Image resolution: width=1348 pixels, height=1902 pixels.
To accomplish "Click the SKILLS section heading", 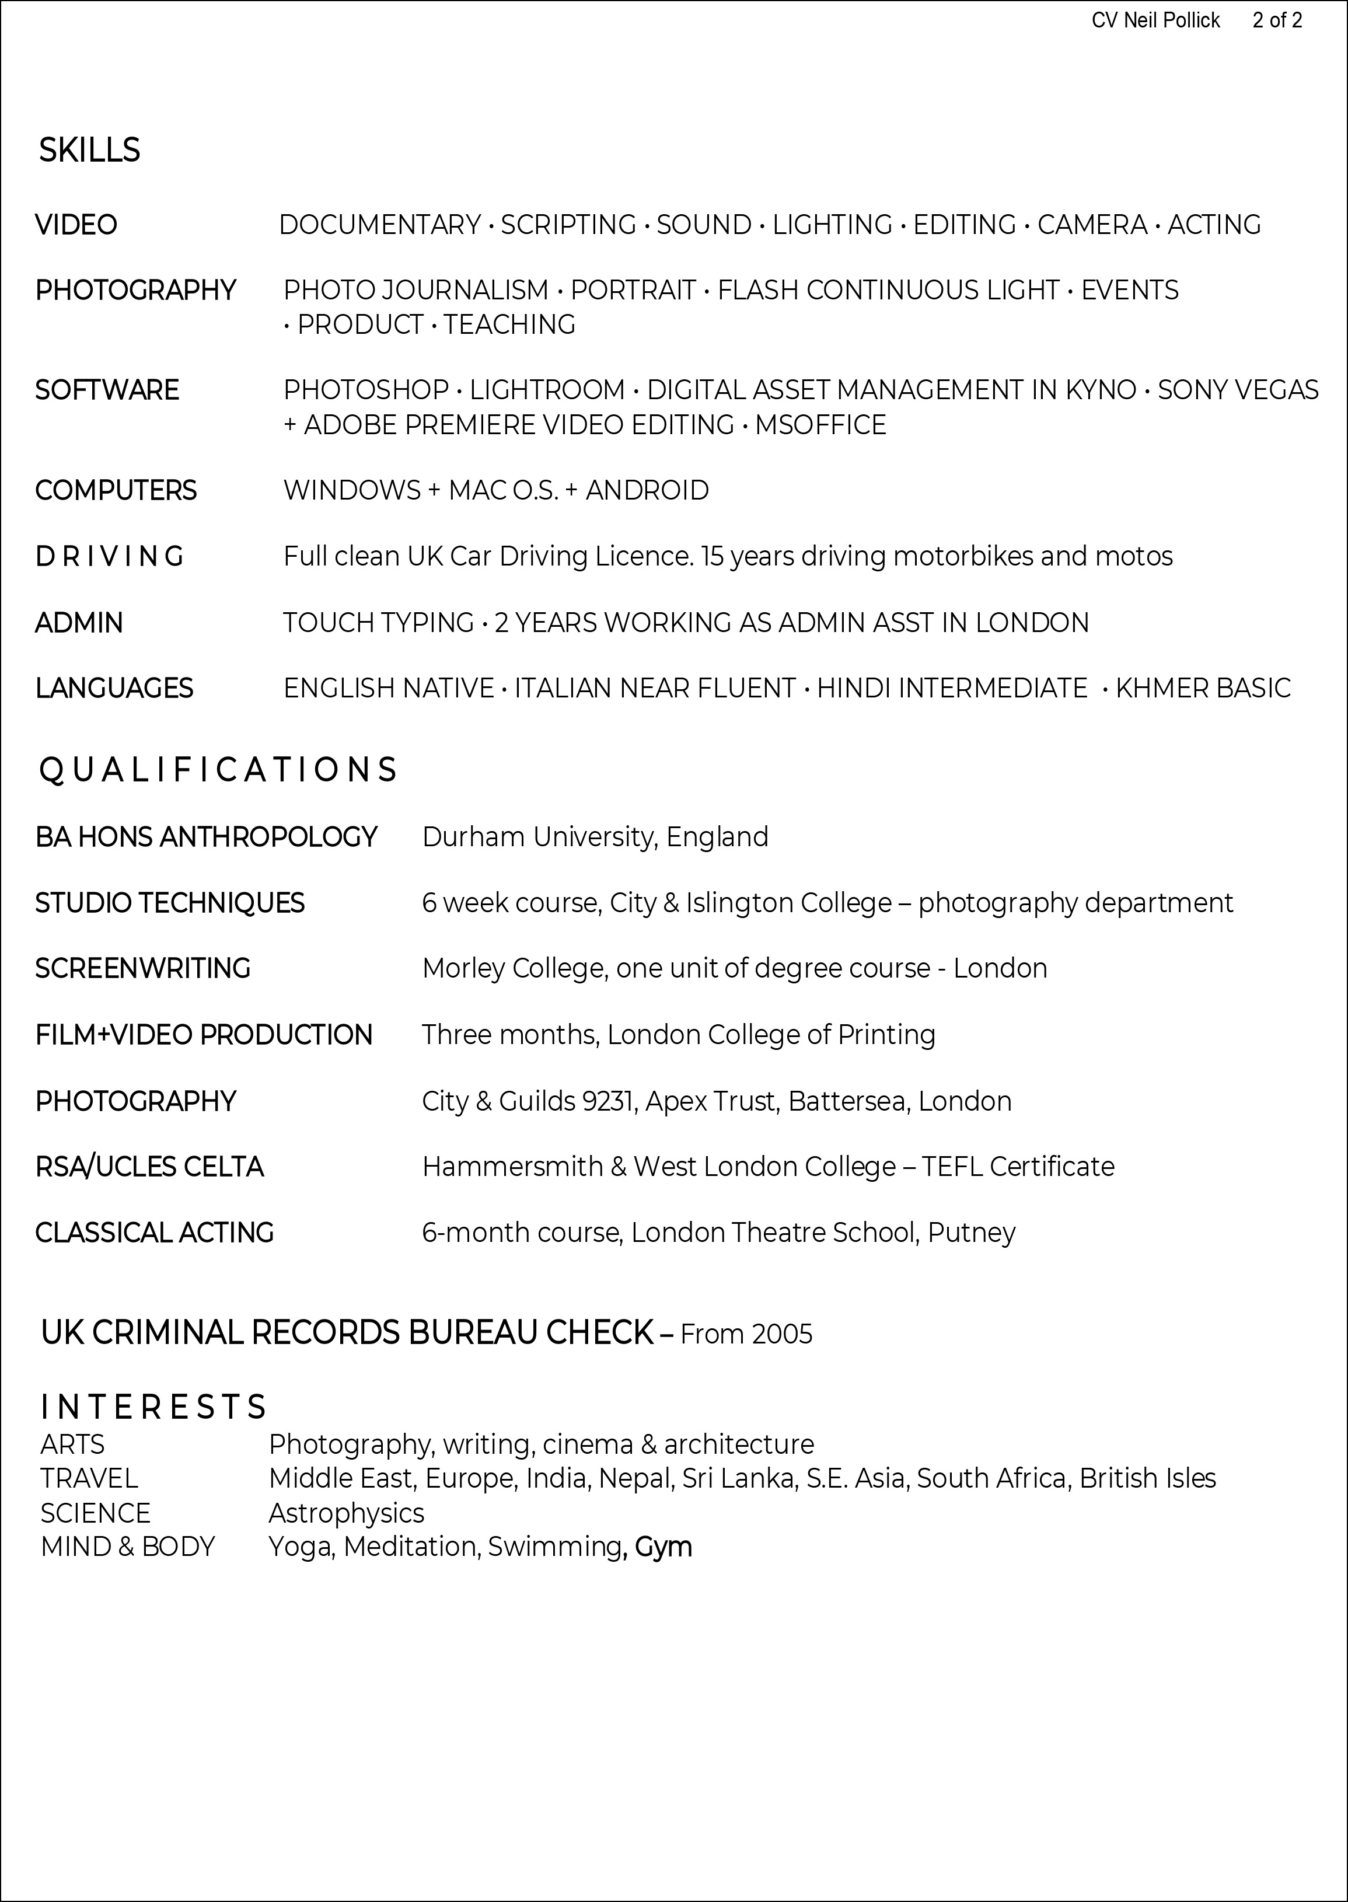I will click(90, 150).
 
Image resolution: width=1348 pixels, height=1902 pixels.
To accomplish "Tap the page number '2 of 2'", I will click(1277, 21).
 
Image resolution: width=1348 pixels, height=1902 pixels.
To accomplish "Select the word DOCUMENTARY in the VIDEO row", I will click(380, 225).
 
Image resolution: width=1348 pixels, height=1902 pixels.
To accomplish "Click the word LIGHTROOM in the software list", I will click(547, 390).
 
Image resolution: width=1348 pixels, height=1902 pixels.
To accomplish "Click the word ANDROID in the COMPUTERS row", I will click(647, 491).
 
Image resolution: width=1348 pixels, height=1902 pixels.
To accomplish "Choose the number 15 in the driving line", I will click(711, 556).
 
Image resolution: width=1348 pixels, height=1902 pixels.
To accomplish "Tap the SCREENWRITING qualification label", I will click(143, 969).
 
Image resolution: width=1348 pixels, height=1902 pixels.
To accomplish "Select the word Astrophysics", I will click(346, 1513).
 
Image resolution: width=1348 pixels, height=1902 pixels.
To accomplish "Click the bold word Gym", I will click(663, 1547).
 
